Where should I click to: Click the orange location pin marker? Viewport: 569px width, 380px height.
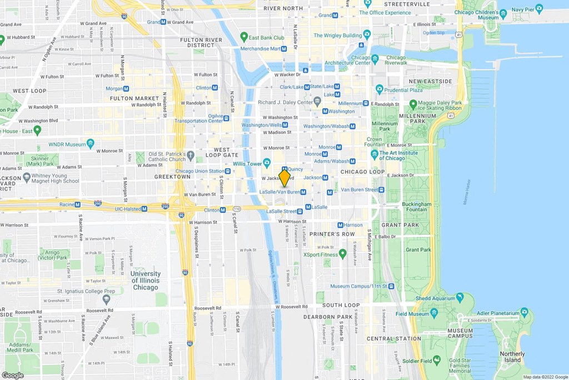point(284,178)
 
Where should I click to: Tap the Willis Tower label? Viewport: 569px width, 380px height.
point(247,164)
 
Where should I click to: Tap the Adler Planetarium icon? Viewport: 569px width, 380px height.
point(523,312)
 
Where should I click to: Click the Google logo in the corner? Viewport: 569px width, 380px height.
point(12,375)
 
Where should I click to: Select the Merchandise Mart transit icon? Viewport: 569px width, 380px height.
point(284,49)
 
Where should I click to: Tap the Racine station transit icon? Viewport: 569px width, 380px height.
point(77,204)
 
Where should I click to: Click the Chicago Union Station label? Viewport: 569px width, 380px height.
point(199,171)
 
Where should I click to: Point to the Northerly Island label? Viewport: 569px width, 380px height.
point(512,357)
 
